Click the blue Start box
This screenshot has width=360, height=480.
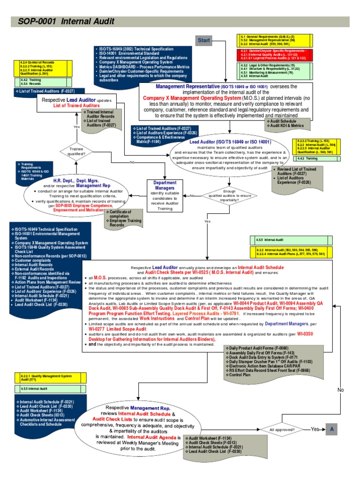tap(204, 40)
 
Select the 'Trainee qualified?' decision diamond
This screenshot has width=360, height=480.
tap(77, 151)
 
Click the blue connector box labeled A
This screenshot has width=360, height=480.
tap(331, 429)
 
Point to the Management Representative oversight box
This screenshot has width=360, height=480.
tap(226, 102)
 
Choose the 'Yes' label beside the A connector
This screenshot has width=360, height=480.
tap(315, 429)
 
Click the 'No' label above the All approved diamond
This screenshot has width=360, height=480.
tap(340, 390)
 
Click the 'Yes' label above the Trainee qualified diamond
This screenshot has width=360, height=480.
tap(77, 127)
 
